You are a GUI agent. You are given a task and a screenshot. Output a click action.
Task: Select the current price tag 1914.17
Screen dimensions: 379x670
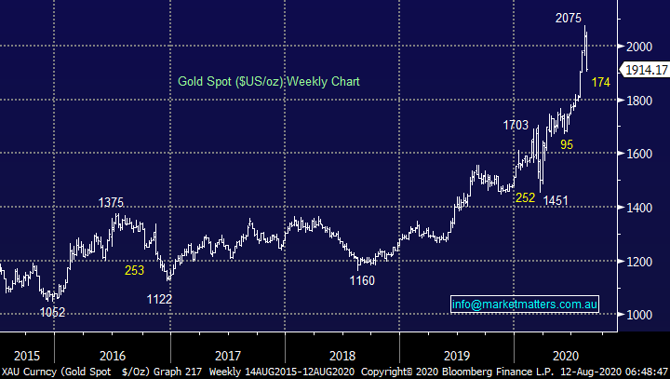coord(645,71)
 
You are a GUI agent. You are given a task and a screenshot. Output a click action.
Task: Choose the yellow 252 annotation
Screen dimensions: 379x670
coord(525,198)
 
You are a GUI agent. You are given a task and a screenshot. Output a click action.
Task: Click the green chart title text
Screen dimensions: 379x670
coord(268,82)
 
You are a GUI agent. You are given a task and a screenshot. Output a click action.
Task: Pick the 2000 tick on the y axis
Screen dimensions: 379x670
coord(639,46)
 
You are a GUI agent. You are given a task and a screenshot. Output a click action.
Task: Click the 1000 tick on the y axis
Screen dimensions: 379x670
coord(639,315)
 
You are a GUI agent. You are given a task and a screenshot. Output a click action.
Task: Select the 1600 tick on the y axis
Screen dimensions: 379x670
coord(639,154)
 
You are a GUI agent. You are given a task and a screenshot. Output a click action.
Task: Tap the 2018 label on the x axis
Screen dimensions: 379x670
coord(342,355)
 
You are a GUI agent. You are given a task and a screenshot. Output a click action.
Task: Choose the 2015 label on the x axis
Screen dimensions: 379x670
coord(27,355)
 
